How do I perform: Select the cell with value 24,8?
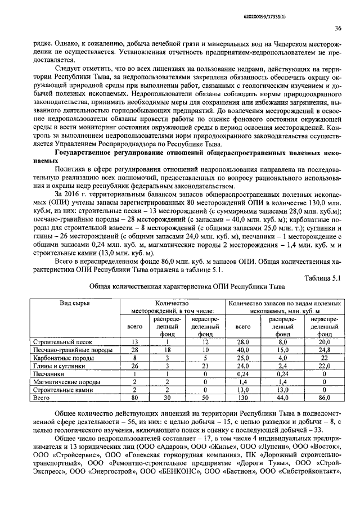324,349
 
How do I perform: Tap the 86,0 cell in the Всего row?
324,397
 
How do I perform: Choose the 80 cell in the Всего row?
134,397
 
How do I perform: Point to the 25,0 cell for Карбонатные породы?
242,357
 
